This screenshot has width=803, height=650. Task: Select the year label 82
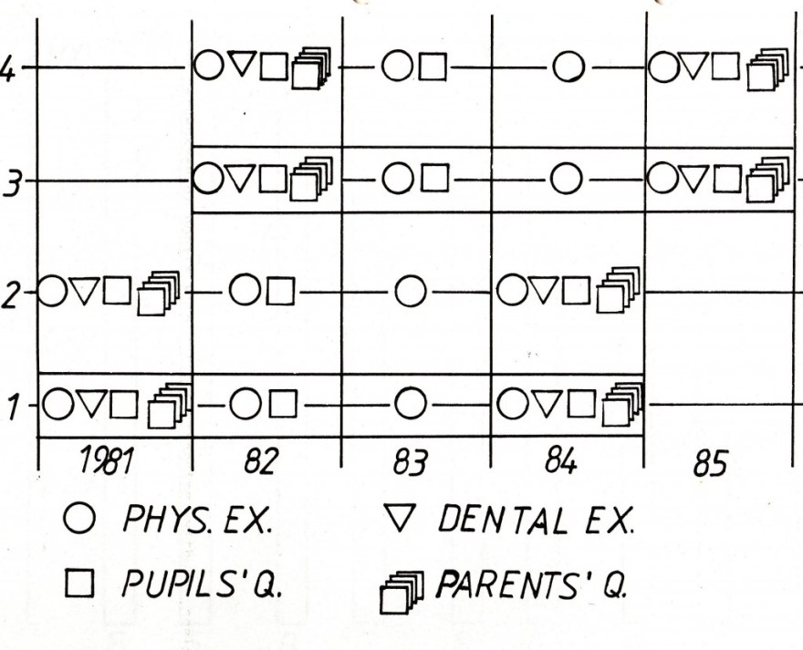pyautogui.click(x=261, y=464)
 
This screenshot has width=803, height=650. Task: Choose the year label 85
pyautogui.click(x=709, y=466)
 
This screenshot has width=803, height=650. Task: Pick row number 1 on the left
pyautogui.click(x=11, y=404)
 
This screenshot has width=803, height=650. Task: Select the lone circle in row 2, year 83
pyautogui.click(x=412, y=293)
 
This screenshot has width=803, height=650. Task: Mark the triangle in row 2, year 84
pyautogui.click(x=544, y=292)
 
